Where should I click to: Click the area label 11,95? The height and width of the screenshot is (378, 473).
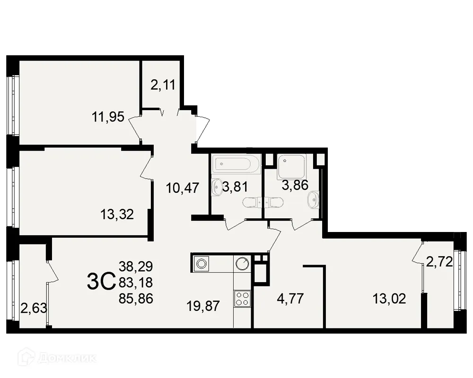[108, 117]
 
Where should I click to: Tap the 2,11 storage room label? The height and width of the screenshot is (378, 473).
[163, 85]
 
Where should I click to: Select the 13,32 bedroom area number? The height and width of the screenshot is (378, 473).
[117, 215]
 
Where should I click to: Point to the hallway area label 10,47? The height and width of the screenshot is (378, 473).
[182, 188]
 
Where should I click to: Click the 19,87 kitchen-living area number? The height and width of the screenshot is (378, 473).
[203, 306]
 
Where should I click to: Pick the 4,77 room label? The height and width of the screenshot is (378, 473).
[287, 299]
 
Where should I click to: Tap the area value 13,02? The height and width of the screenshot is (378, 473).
[389, 299]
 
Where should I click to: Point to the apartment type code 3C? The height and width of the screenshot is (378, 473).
[101, 282]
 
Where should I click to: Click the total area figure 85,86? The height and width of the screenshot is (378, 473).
[137, 299]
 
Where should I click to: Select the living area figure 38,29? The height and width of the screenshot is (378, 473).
[137, 266]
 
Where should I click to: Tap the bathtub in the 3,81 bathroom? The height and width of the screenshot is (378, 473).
[236, 164]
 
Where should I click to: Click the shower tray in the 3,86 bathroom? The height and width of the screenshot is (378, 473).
[292, 165]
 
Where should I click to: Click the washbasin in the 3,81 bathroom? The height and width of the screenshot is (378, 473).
[217, 188]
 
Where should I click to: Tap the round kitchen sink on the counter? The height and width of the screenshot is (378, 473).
[243, 263]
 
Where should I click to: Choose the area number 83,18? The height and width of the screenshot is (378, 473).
[137, 283]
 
